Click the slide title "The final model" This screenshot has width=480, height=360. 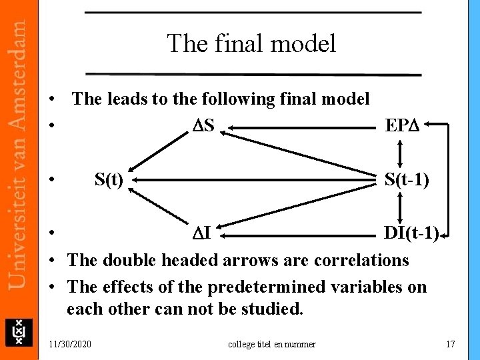(x=251, y=44)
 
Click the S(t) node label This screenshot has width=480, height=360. (x=109, y=179)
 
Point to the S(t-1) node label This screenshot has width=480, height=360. (x=406, y=179)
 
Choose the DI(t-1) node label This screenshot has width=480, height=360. (x=411, y=233)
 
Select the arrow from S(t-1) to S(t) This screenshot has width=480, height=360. (x=253, y=180)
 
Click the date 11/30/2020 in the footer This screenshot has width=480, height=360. (x=71, y=344)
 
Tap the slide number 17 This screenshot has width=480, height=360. (x=450, y=344)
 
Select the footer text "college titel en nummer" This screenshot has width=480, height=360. (x=272, y=344)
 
